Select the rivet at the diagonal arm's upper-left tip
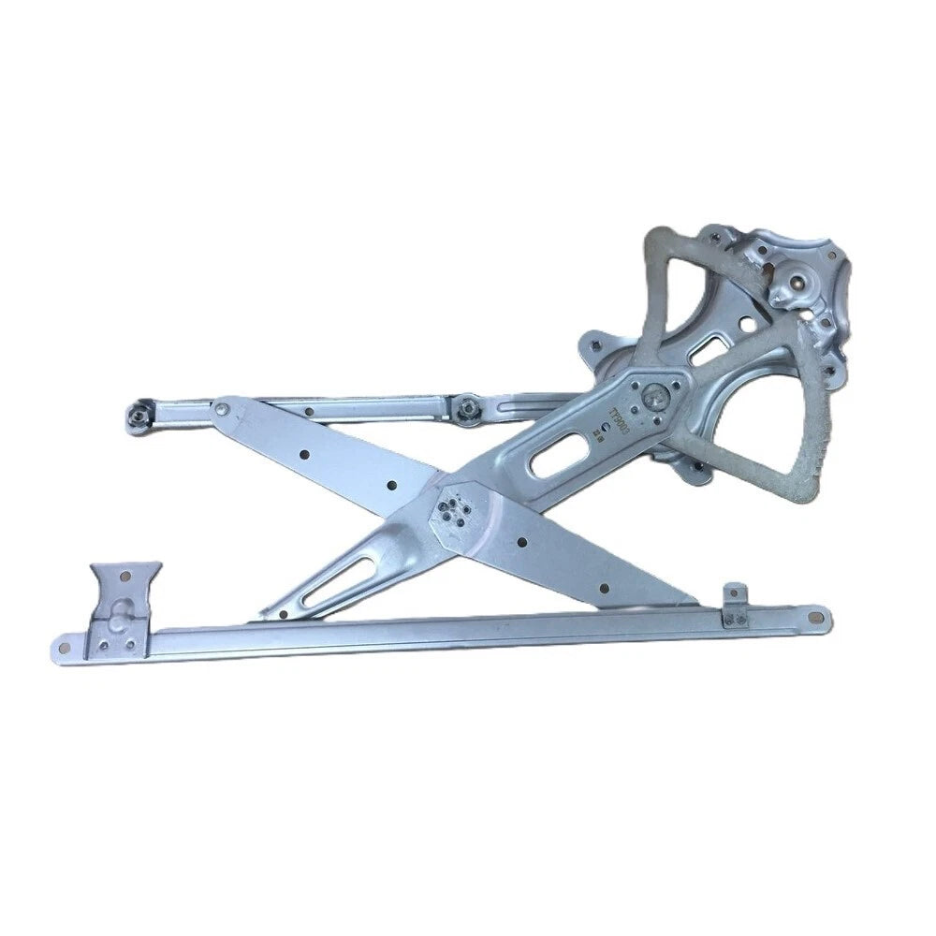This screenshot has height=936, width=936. point(221,408)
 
